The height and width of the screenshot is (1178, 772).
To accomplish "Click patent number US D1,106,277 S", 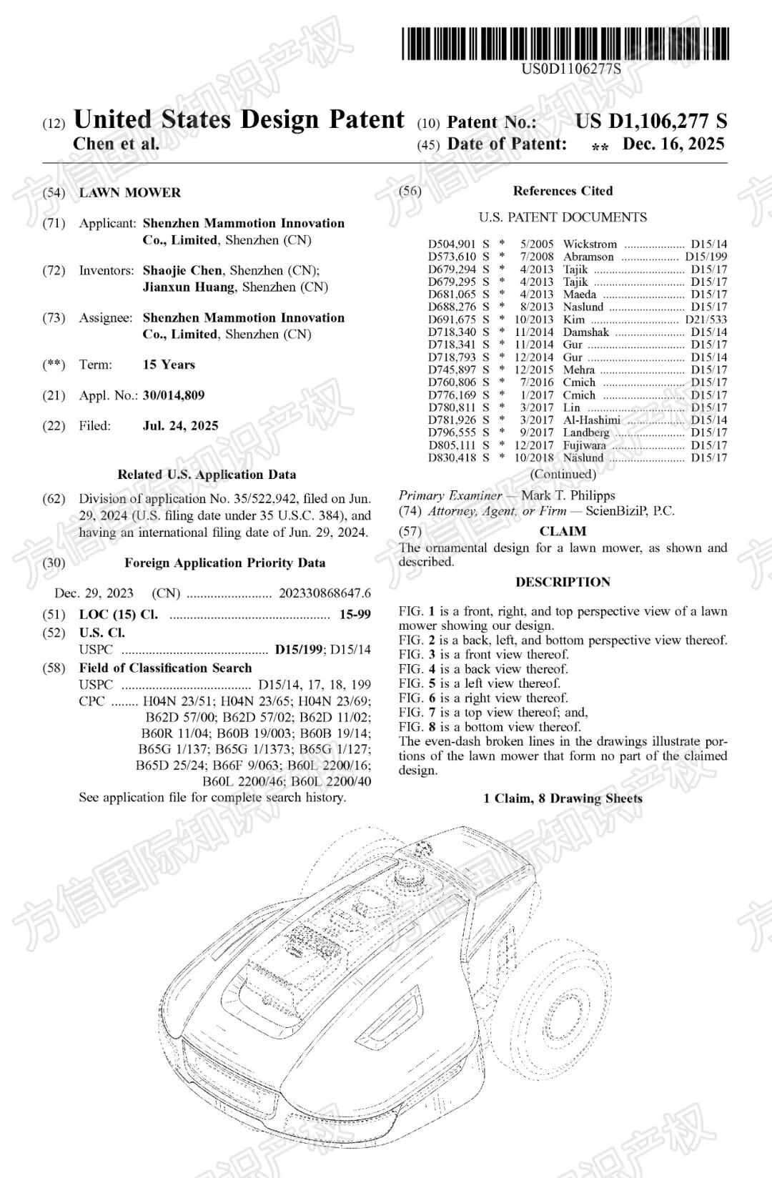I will point(650,122).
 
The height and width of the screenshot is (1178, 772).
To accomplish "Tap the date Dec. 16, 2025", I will point(673,144).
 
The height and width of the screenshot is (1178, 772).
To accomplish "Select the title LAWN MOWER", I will point(129,193).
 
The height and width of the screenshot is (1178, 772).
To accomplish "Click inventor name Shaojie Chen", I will point(182,271).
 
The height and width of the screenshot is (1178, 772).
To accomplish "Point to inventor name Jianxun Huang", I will point(189,287).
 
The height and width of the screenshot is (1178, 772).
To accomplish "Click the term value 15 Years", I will point(169,365).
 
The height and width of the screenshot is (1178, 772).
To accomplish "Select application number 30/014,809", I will point(174,395).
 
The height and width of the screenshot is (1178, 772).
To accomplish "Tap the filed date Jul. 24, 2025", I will point(180,426).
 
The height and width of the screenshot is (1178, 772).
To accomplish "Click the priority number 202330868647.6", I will point(325,593).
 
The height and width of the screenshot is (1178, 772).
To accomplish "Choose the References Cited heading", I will point(563,191).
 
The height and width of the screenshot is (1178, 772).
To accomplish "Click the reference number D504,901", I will point(452,244).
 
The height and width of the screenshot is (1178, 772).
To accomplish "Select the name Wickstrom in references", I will point(590,244).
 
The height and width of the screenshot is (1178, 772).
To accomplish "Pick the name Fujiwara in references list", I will point(584,445).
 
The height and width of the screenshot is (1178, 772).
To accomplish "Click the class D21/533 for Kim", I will point(706,320).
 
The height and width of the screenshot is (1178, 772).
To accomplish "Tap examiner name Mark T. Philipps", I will point(568,495).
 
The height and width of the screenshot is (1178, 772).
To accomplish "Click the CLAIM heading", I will point(563,531).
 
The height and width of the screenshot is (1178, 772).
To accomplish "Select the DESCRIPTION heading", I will point(563,582).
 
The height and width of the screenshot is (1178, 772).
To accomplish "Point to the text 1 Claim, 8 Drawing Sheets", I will point(563,798).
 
